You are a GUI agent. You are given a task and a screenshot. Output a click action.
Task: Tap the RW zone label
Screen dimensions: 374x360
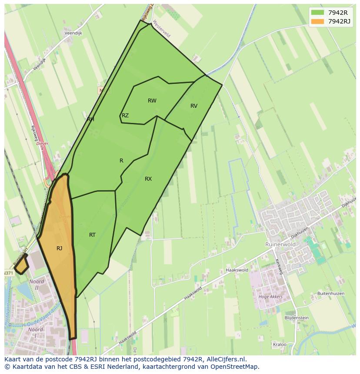(x=152, y=101)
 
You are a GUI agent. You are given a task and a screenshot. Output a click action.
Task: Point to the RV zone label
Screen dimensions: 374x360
(x=194, y=106)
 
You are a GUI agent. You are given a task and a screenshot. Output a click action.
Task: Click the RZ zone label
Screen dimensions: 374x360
(x=125, y=116)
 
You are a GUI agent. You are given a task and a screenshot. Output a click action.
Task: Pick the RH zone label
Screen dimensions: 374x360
(x=90, y=119)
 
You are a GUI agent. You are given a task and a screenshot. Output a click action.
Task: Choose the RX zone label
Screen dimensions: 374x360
(x=148, y=179)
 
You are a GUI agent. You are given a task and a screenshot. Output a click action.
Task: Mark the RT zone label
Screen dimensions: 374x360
(x=92, y=235)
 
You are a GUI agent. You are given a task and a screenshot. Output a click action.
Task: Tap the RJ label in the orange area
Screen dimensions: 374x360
(x=59, y=248)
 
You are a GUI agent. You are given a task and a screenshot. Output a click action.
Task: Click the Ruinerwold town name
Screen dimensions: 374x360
(x=280, y=245)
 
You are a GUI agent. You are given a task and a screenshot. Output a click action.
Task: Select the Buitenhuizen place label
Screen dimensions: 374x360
(x=331, y=294)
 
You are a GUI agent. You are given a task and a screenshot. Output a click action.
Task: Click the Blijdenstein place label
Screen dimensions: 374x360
(x=296, y=318)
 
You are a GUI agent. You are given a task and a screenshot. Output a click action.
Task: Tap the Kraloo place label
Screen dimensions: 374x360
(x=280, y=344)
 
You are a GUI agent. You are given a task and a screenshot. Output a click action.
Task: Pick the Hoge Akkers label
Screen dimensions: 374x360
(x=270, y=297)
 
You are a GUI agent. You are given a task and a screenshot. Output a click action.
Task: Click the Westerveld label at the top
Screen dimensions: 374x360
(x=161, y=30)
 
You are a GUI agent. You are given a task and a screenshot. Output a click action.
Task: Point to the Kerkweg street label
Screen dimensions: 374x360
(x=279, y=267)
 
